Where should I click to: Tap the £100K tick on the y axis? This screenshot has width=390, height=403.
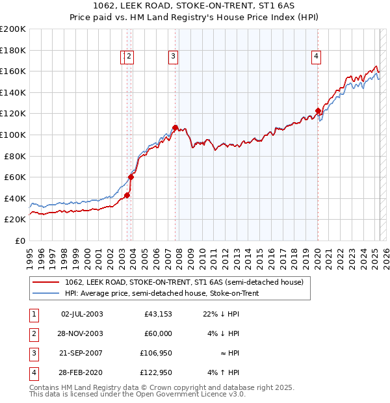click(13, 135)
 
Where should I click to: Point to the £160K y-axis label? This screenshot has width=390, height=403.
click(13, 71)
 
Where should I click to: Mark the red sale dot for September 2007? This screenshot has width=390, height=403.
click(175, 127)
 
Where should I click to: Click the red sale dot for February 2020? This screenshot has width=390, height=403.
click(318, 110)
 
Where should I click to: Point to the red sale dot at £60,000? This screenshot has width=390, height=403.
click(131, 177)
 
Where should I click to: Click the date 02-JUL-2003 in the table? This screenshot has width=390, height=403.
click(82, 315)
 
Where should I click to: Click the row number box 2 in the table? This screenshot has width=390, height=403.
click(32, 334)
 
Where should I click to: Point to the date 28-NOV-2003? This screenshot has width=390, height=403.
click(82, 334)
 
